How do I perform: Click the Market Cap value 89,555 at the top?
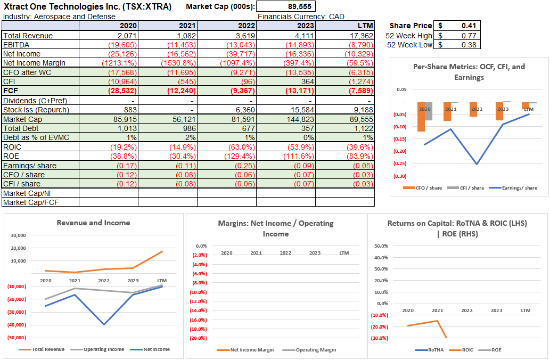300,6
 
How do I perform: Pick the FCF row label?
11,91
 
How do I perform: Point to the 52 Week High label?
409,36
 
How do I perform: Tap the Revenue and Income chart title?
93,223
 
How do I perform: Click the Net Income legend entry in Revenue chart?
157,349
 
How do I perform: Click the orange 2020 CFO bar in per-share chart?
421,117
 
